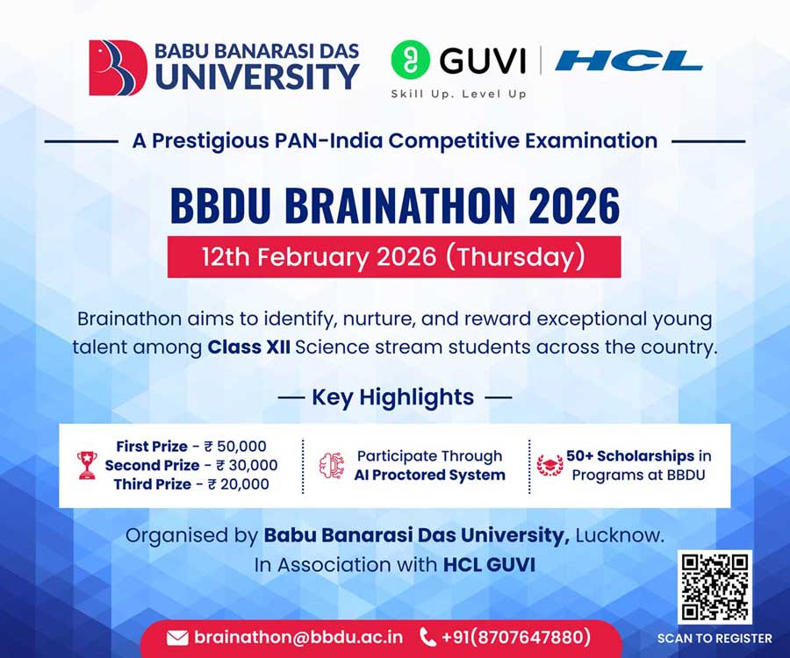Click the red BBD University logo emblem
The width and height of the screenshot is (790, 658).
(118, 68)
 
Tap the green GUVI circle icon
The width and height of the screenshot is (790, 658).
(410, 60)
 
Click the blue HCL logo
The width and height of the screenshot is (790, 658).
(628, 61)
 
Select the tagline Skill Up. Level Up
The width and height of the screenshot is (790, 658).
(458, 94)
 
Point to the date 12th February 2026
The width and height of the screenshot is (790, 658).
(319, 256)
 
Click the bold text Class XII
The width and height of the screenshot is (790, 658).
(248, 347)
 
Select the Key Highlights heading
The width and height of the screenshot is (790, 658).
(393, 397)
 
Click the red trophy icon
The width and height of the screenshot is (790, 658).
(87, 465)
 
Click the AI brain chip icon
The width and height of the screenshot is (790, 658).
(332, 465)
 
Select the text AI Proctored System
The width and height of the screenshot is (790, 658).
(430, 475)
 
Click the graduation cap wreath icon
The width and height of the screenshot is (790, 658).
(549, 465)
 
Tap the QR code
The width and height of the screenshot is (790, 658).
(715, 587)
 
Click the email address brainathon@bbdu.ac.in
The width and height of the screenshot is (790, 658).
(298, 637)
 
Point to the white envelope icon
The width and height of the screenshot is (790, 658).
(177, 638)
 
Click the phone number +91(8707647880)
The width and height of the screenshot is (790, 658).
(516, 637)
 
